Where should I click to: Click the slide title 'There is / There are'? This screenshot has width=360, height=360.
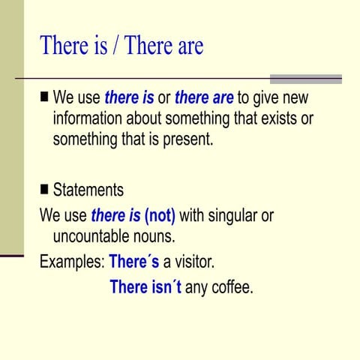[x=121, y=46]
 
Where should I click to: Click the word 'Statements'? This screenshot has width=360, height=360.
[x=88, y=190]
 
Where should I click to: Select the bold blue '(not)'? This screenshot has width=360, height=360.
[x=160, y=216]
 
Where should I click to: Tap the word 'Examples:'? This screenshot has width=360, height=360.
[x=72, y=262]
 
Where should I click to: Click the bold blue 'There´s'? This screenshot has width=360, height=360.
[x=134, y=262]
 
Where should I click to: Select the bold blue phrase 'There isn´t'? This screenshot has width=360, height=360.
[x=145, y=286]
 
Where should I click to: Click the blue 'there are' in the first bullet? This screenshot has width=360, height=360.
[x=204, y=98]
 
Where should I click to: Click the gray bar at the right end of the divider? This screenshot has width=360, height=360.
[x=306, y=78]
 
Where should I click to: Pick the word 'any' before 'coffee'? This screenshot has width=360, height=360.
[x=196, y=287]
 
